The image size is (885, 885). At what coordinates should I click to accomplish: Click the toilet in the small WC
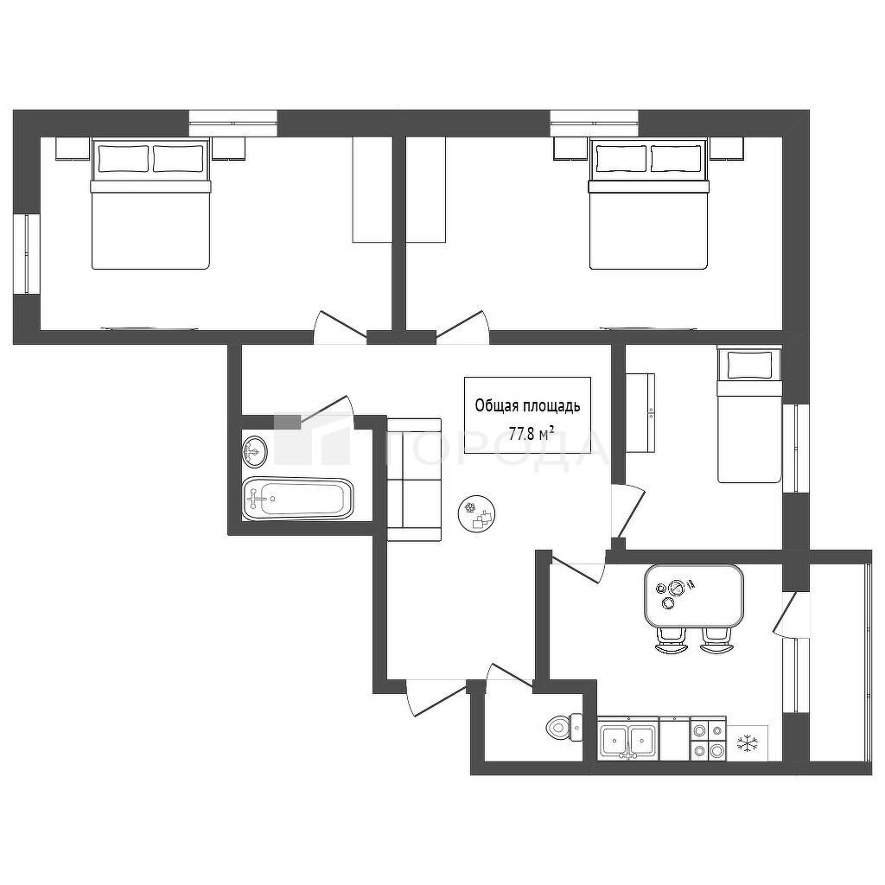[565, 727]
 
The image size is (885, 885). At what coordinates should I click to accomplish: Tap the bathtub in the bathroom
[298, 499]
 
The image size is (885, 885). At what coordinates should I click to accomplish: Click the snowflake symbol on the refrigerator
[748, 742]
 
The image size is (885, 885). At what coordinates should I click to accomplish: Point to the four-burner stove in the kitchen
[709, 739]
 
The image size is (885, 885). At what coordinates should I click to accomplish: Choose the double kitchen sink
[628, 738]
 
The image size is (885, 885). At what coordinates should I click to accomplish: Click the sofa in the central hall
[414, 480]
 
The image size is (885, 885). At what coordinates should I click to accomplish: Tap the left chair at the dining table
[671, 640]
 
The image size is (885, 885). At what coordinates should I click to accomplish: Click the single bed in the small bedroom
[749, 415]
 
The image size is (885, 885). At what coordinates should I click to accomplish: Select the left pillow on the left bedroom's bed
[124, 159]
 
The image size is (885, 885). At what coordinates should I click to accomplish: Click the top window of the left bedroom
[232, 123]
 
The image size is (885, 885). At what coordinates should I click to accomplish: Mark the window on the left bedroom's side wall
[26, 254]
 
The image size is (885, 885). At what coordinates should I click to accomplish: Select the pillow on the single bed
[749, 366]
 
